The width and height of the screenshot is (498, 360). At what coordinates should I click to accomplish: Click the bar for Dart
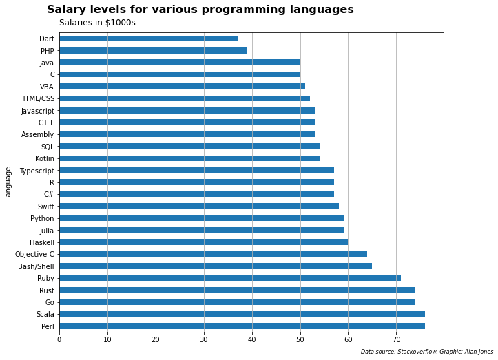[148, 39]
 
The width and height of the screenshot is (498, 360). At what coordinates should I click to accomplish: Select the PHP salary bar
[153, 50]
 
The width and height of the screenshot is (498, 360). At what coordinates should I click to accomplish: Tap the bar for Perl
[242, 326]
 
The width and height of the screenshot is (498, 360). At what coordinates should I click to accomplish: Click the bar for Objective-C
[213, 254]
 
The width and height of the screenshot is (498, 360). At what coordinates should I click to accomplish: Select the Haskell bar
[203, 242]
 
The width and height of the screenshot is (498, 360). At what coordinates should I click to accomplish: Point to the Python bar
[201, 218]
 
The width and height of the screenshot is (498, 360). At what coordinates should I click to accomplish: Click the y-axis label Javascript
[37, 111]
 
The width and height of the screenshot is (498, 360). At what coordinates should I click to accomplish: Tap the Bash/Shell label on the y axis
[36, 266]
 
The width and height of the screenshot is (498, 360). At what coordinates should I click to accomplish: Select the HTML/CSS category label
[37, 98]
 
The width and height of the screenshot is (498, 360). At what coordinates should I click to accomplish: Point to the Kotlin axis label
[44, 158]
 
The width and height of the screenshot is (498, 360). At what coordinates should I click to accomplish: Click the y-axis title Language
[8, 183]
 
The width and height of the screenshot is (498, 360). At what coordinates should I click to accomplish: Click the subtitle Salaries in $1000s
[97, 23]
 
